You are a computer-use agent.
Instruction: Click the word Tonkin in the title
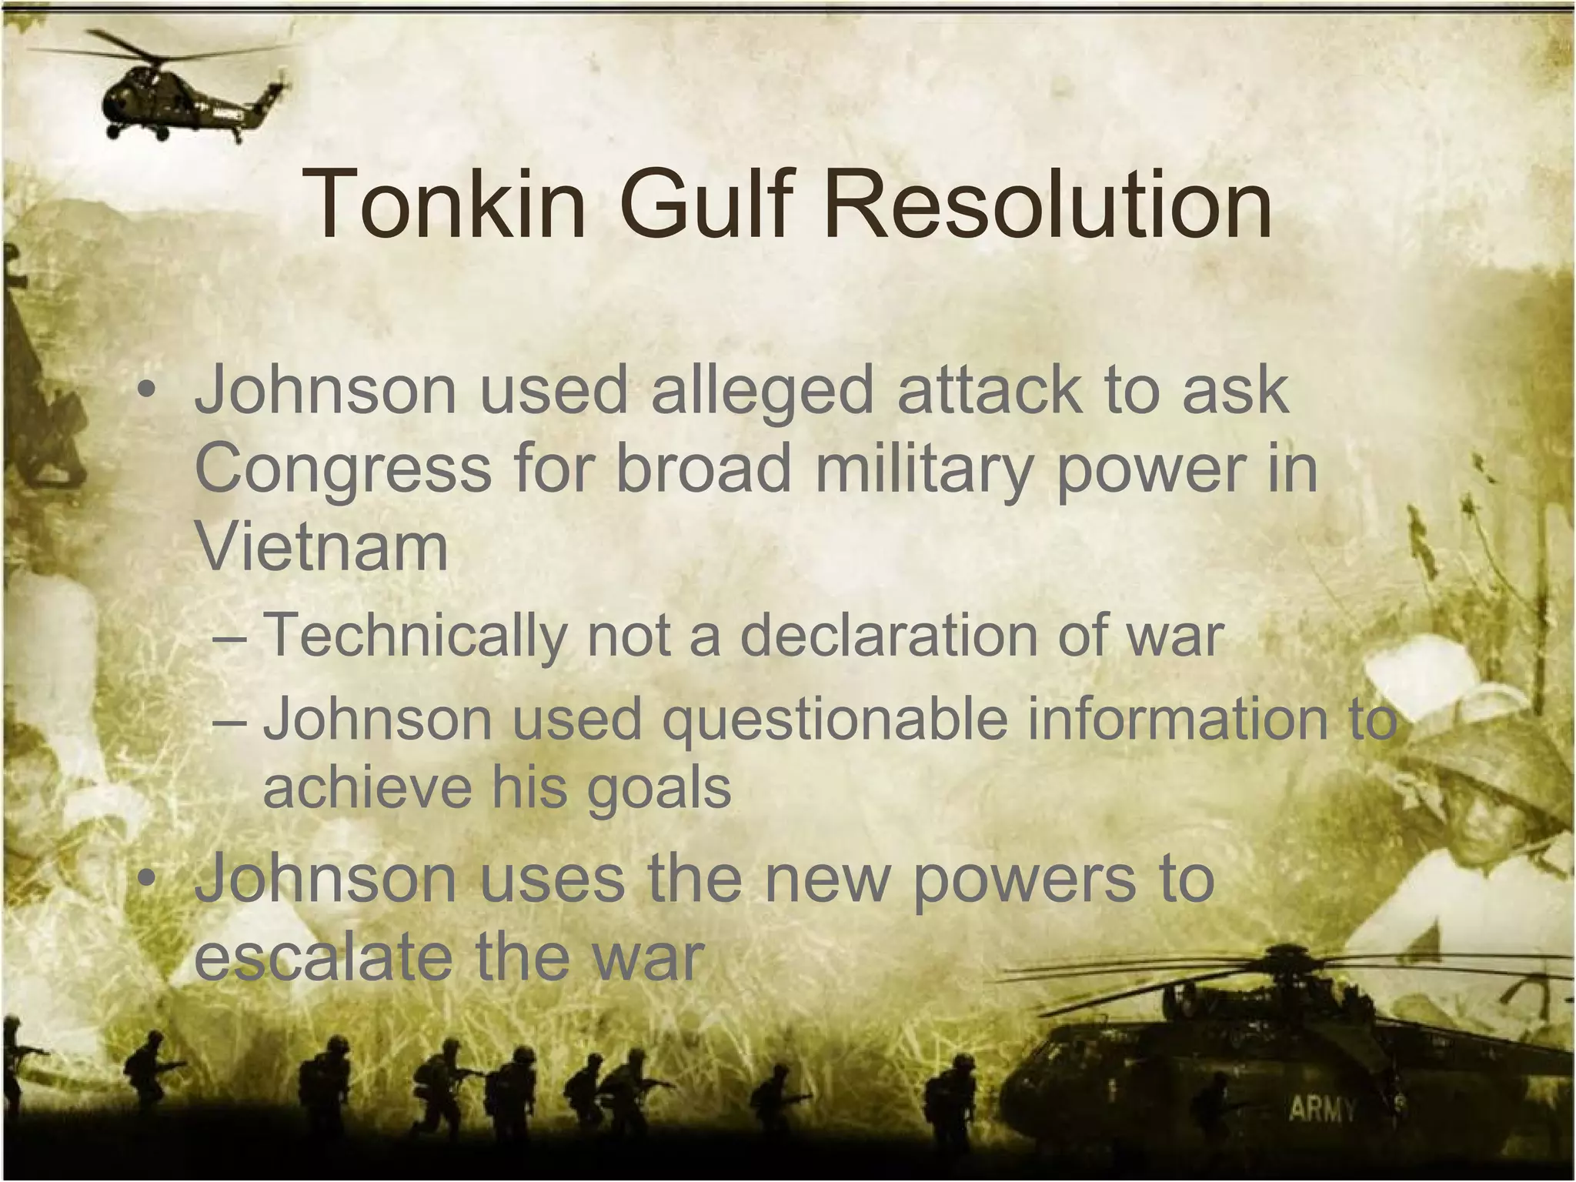pyautogui.click(x=445, y=204)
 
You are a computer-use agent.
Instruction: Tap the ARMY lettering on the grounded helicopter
pyautogui.click(x=1322, y=1109)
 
